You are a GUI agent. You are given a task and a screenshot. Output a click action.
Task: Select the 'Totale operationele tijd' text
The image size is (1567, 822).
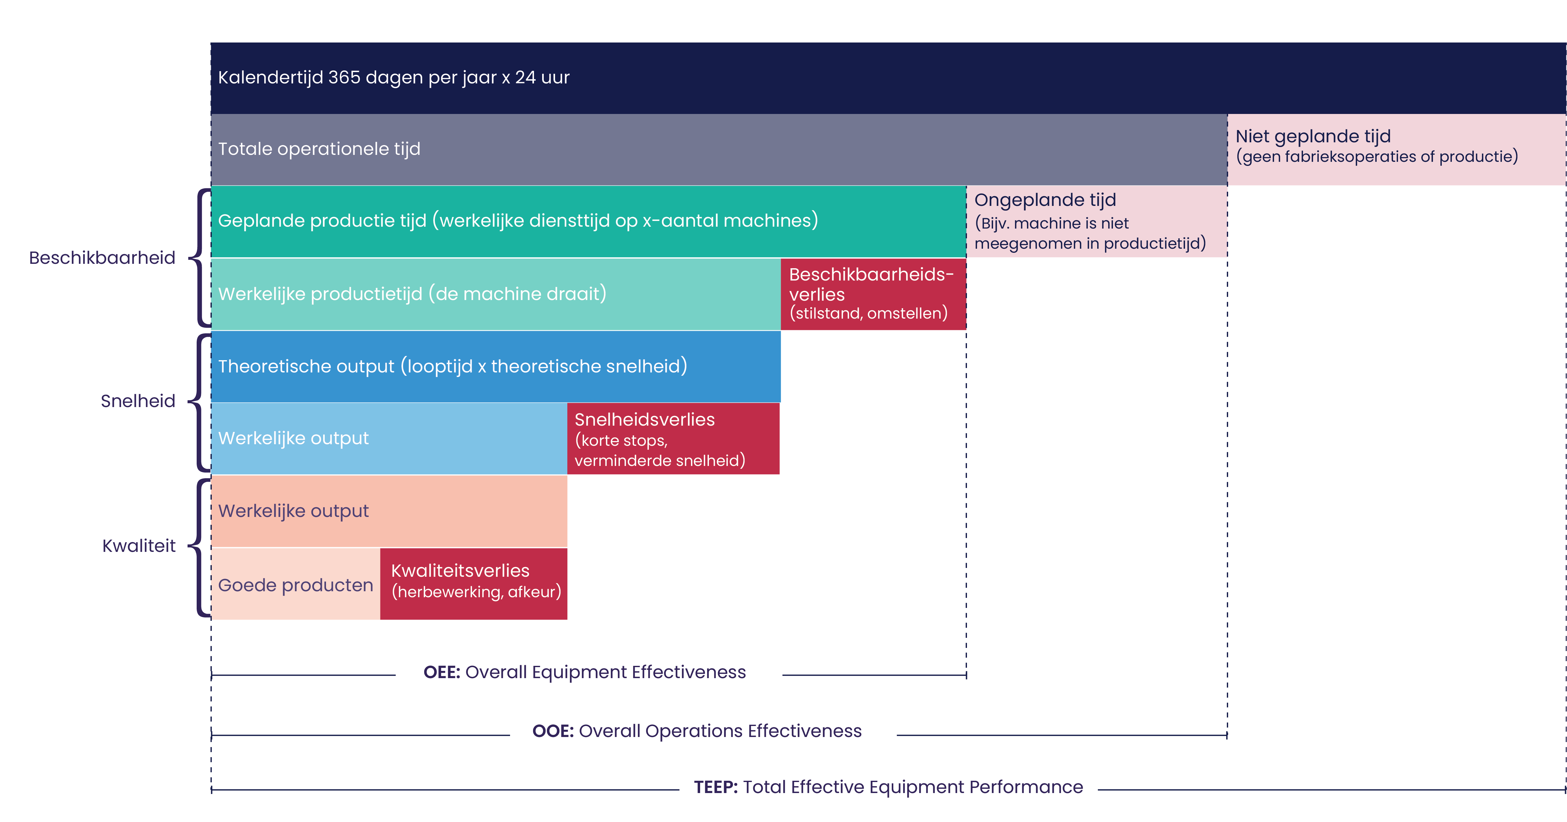click(319, 149)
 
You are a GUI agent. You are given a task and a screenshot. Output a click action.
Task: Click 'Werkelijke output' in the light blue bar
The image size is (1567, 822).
click(293, 439)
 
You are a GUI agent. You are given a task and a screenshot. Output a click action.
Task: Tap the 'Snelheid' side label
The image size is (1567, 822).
click(138, 401)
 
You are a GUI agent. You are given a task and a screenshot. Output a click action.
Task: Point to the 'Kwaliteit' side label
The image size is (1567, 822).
click(139, 546)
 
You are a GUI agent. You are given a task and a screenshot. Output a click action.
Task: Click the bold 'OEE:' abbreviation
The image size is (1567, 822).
click(442, 672)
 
